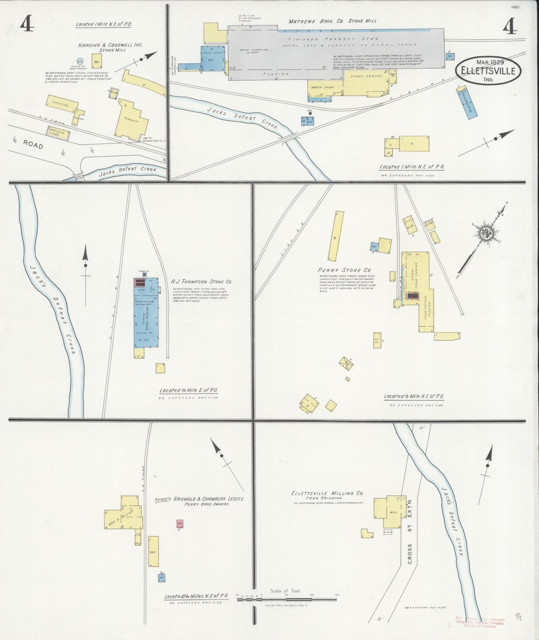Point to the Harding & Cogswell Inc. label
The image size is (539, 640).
coord(110,45)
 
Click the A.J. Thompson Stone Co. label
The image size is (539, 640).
coord(201,282)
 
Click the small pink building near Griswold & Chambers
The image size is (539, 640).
coord(180,524)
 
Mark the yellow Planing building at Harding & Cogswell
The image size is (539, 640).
coord(132,121)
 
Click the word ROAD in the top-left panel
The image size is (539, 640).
coord(33,145)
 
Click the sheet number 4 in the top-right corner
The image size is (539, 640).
coord(509,27)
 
